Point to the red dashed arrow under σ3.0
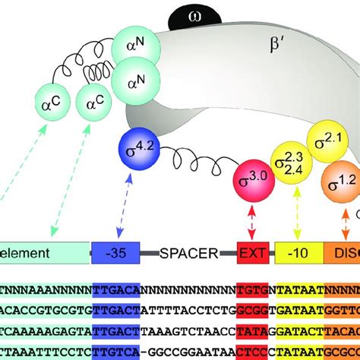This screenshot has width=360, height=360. (x=251, y=222)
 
